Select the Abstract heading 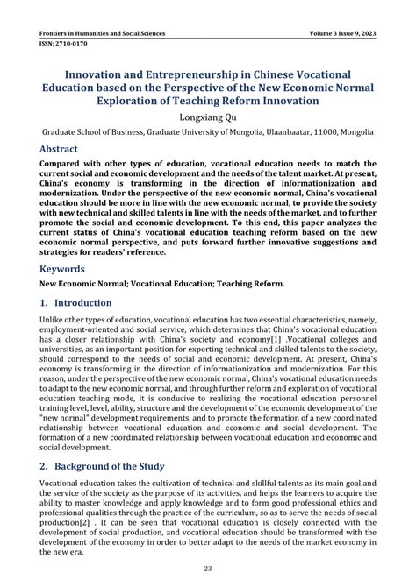click(66, 149)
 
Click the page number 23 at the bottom click(208, 569)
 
